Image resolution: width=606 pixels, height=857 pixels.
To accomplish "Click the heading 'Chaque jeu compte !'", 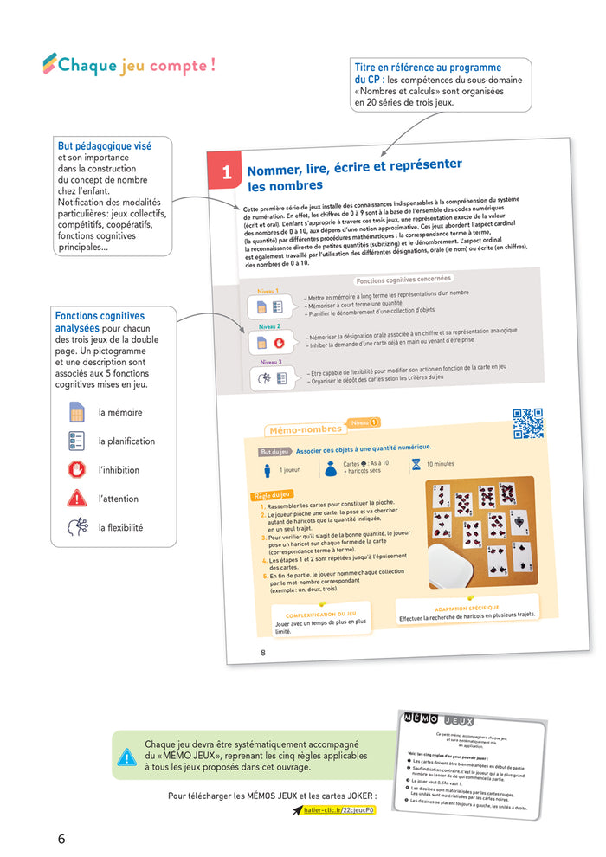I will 130,65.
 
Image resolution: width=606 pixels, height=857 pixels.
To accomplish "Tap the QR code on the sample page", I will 527,423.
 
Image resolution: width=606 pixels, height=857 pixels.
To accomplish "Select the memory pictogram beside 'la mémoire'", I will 77,413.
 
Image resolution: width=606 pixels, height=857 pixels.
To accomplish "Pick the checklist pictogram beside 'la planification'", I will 77,441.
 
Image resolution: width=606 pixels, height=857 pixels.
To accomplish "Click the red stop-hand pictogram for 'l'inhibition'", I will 77,469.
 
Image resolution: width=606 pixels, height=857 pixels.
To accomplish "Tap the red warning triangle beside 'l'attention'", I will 77,498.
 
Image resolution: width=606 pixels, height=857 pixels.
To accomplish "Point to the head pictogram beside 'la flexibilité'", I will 77,526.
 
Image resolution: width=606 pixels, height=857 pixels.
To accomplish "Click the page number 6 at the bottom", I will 61,838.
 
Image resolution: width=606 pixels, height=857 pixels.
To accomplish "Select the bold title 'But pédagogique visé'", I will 104,146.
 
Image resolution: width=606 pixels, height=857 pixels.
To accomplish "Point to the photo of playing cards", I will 480,532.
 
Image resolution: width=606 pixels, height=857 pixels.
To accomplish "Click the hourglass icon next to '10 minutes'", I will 416,464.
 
